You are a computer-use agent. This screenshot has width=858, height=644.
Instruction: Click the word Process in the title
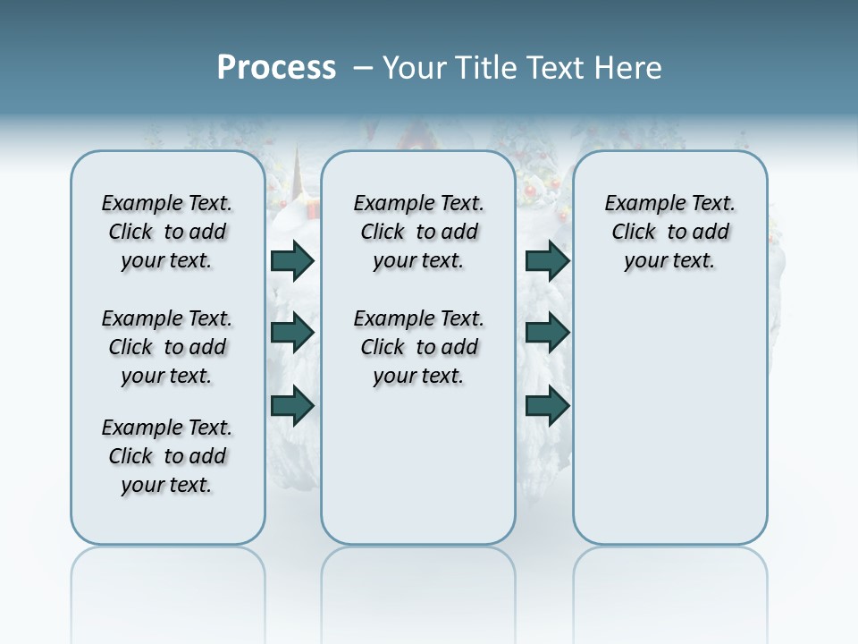point(276,68)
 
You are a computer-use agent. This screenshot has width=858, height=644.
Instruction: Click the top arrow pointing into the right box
point(548,261)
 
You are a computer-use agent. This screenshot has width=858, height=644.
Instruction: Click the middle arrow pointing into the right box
point(548,333)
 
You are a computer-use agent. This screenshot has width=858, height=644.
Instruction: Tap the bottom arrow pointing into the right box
point(548,406)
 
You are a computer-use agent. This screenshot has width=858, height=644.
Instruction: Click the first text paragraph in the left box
point(167,232)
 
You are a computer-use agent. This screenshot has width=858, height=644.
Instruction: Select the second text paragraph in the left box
point(167,347)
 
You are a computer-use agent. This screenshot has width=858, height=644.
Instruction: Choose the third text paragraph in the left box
point(167,456)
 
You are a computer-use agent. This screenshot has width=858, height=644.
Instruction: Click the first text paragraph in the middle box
point(418,232)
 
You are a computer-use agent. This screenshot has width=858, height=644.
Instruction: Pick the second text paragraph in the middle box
point(418,347)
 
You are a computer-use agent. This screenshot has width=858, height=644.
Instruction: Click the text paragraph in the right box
point(670,232)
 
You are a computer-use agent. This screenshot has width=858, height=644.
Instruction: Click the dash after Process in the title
point(363,68)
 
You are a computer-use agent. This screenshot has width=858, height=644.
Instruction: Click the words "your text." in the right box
point(670,261)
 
